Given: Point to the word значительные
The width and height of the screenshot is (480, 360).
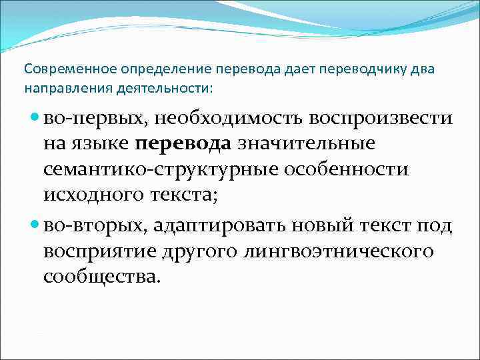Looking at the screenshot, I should pyautogui.click(x=307, y=143).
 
